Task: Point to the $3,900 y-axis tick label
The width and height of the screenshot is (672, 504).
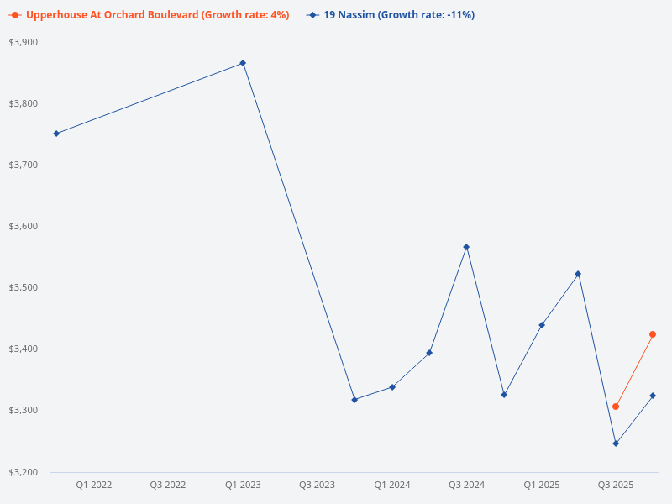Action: tap(24, 42)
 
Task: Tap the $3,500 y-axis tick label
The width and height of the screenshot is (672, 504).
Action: tap(24, 288)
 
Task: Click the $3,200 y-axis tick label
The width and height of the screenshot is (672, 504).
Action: tap(24, 472)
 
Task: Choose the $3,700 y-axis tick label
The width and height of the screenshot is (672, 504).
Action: tap(24, 165)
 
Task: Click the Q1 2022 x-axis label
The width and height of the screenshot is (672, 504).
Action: tap(94, 485)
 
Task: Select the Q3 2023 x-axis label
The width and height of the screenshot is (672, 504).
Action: tap(318, 485)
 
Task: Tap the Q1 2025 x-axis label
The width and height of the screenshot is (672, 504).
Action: tap(542, 485)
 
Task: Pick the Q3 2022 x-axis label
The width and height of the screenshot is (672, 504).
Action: tap(168, 485)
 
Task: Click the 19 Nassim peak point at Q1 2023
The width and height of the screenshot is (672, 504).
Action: tap(243, 63)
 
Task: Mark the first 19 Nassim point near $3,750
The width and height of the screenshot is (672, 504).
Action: tap(56, 134)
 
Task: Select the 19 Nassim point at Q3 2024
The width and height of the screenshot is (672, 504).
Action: tap(466, 247)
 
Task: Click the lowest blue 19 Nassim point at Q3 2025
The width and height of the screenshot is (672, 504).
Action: tap(616, 444)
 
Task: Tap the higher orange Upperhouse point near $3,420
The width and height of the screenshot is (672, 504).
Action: tap(653, 334)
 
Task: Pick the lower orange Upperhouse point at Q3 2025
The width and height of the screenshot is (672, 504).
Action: tap(616, 407)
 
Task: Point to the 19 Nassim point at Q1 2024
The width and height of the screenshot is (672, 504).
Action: tap(392, 387)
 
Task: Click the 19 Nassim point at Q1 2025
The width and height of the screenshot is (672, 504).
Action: tap(542, 325)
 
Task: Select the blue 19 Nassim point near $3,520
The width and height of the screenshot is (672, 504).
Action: tap(578, 274)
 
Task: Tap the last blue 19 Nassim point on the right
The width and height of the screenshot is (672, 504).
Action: tap(653, 396)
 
